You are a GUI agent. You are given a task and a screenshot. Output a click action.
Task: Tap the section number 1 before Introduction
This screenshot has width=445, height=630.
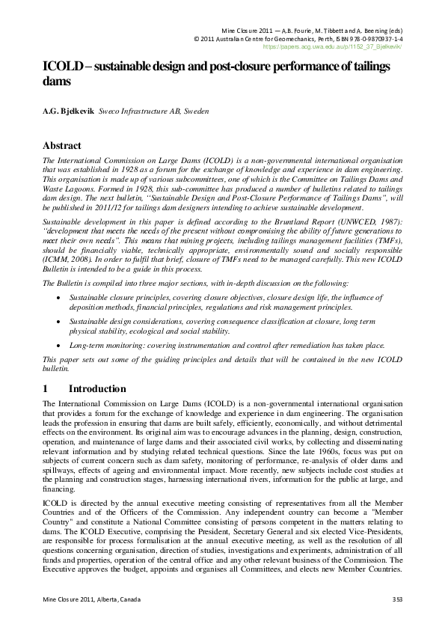pyautogui.click(x=46, y=389)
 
